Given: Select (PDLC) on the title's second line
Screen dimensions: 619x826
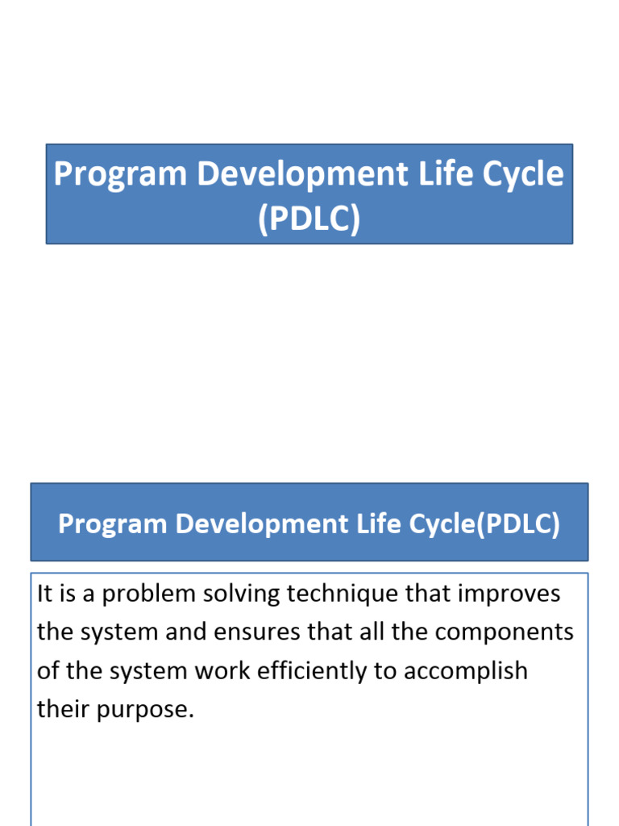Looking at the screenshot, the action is coord(309,219).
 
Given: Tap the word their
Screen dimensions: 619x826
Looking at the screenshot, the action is coord(63,709).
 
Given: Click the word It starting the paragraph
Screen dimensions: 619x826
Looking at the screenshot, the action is coord(45,594).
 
